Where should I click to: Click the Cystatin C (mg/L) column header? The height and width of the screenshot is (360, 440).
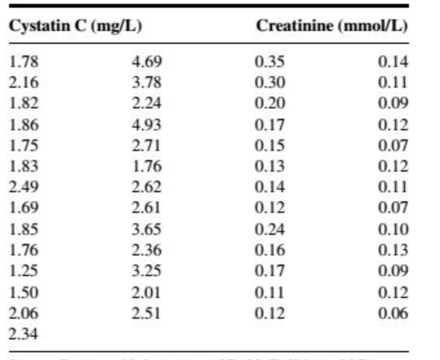[x=75, y=26]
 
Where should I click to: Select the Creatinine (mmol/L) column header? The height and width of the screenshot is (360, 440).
[x=332, y=26]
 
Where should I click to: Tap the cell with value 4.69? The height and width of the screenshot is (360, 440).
[x=146, y=62]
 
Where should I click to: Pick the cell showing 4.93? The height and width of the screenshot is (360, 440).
[x=146, y=124]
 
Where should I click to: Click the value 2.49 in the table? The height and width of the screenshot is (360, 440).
[x=24, y=187]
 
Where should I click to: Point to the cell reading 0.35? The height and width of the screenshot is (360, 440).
[x=269, y=62]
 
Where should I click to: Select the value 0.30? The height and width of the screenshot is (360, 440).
[x=269, y=83]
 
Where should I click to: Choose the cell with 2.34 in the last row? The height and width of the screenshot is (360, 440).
[x=24, y=334]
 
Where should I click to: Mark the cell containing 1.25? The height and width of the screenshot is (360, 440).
[x=24, y=271]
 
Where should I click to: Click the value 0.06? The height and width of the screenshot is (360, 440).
[x=393, y=313]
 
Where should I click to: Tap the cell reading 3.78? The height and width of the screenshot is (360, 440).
[x=146, y=83]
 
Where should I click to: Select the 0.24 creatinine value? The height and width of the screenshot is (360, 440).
[x=269, y=229]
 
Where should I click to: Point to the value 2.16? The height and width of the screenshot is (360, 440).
[x=24, y=83]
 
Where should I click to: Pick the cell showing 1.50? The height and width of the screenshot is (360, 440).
[x=24, y=292]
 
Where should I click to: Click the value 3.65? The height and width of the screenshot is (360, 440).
[x=146, y=229]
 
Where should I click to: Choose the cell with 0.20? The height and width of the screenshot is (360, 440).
[x=269, y=103]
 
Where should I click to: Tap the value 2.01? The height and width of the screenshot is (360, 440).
[x=146, y=292]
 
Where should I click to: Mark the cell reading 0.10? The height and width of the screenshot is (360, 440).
[x=393, y=229]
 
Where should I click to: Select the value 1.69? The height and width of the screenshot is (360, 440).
[x=24, y=208]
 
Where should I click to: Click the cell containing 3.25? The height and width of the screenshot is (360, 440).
[x=146, y=271]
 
